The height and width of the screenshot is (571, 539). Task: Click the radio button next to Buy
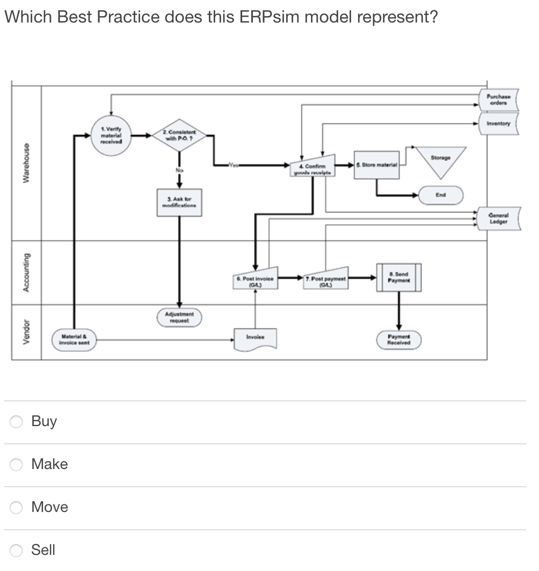coord(17,422)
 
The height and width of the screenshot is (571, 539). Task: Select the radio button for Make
coord(17,465)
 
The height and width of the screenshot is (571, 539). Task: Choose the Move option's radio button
coord(17,508)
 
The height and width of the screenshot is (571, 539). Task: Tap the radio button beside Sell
coord(17,551)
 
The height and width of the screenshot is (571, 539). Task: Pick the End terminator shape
coord(440,195)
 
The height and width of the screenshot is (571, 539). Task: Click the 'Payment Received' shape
coord(398,340)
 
